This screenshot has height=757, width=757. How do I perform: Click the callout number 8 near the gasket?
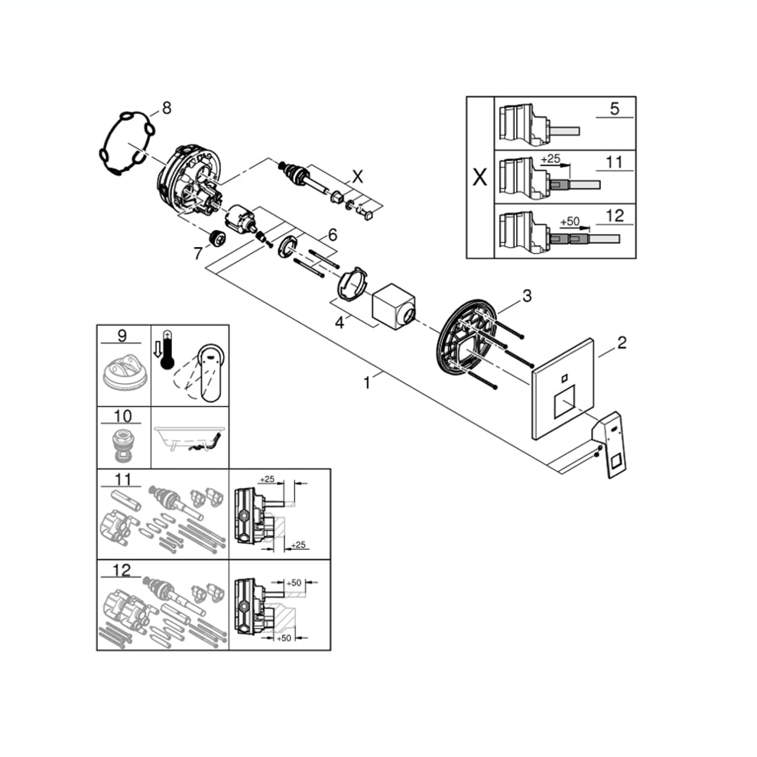coord(167,108)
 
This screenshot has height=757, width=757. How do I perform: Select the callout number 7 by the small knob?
coord(198,253)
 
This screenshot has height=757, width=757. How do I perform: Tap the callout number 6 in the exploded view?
coord(333,235)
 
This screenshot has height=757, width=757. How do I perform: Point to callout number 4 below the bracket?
coord(340,323)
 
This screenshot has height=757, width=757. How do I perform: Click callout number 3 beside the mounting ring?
coord(527,295)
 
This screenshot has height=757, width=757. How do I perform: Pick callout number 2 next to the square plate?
coord(622,343)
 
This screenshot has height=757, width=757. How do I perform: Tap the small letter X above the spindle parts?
coord(357,177)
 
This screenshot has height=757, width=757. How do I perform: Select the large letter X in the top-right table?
coord(480,177)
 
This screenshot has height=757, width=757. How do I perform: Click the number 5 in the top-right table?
coord(614,108)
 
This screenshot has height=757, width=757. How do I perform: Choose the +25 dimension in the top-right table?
coord(551,158)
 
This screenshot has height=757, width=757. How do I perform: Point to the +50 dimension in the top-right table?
coord(570,221)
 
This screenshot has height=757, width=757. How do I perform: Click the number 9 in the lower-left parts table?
coord(122,335)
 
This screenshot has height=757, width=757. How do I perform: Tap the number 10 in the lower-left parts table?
coord(122,416)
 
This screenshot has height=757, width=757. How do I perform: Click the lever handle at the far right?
coord(613,444)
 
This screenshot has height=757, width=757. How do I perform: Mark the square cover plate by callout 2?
coord(563,388)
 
